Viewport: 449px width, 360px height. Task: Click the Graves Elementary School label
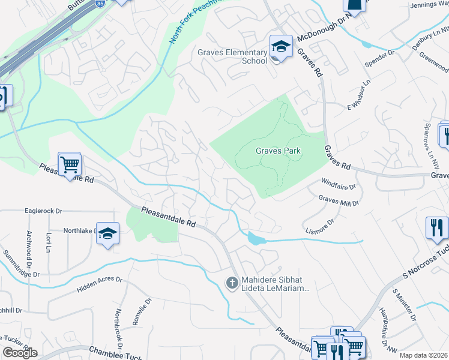[x=233, y=56]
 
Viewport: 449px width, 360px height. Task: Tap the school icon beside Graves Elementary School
[x=280, y=47]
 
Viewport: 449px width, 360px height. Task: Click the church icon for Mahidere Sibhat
[x=233, y=282]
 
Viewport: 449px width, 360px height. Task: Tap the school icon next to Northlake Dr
[x=107, y=234]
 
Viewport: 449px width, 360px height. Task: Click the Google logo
[x=19, y=353]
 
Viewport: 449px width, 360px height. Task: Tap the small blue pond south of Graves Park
[x=255, y=239]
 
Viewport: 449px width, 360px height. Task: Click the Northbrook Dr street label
[x=118, y=329]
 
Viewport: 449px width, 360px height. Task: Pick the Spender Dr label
[x=380, y=58]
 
